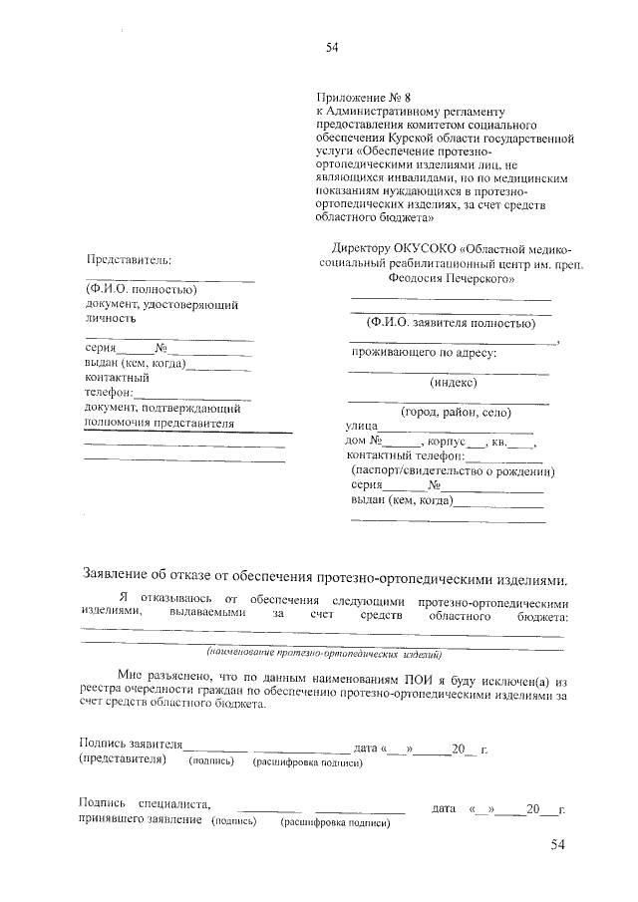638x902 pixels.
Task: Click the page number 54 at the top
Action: point(333,46)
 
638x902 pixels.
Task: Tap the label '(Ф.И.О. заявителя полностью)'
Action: point(452,323)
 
